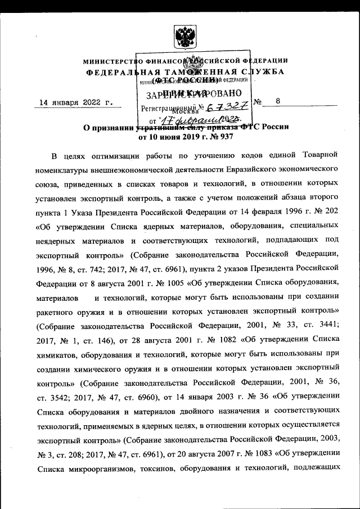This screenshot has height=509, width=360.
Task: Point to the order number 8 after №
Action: click(277, 102)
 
